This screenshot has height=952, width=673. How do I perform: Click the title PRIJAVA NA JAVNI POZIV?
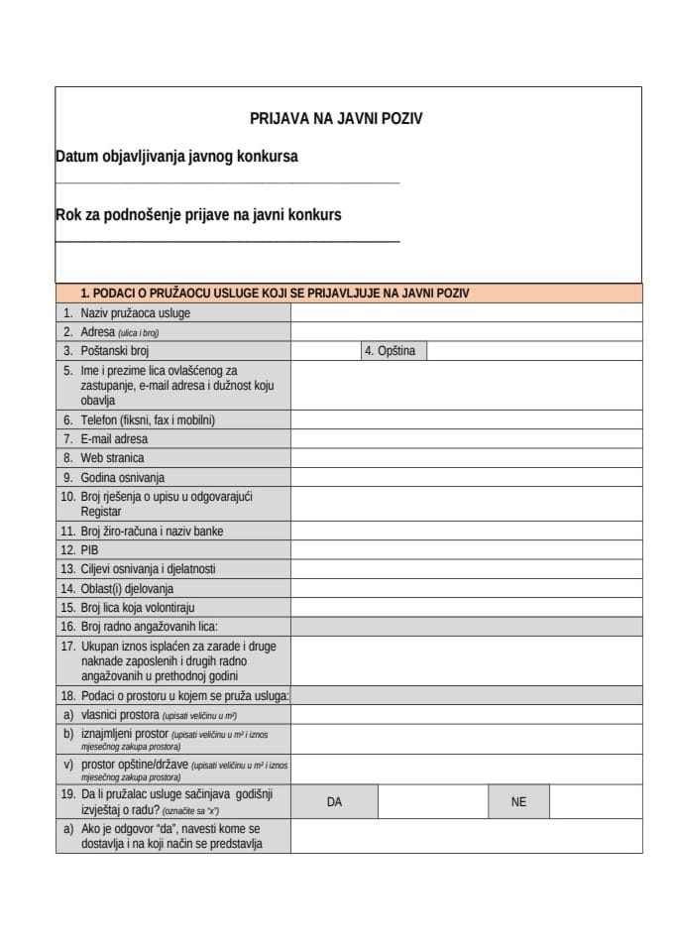[x=336, y=118]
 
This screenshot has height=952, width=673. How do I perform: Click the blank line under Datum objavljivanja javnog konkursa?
[x=227, y=182]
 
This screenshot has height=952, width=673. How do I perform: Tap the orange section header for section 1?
[x=349, y=294]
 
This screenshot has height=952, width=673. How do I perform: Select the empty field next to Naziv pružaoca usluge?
[x=466, y=313]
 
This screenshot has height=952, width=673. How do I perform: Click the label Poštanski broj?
[x=114, y=351]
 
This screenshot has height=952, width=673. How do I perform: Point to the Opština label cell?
[x=393, y=351]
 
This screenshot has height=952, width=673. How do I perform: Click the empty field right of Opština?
[x=533, y=351]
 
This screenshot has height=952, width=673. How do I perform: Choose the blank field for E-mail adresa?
[x=466, y=439]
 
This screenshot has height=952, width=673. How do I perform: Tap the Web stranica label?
[x=111, y=458]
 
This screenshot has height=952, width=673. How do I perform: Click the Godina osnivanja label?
[x=122, y=477]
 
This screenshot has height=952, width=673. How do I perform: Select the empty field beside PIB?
[x=466, y=549]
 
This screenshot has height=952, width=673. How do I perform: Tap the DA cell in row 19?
[x=334, y=802]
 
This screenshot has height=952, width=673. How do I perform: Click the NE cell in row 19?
[x=518, y=802]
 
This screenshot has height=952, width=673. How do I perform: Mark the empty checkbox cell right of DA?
[x=432, y=802]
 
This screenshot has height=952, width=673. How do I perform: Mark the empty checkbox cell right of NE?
[x=595, y=802]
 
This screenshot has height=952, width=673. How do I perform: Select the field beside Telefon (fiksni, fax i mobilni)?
[x=466, y=420]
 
